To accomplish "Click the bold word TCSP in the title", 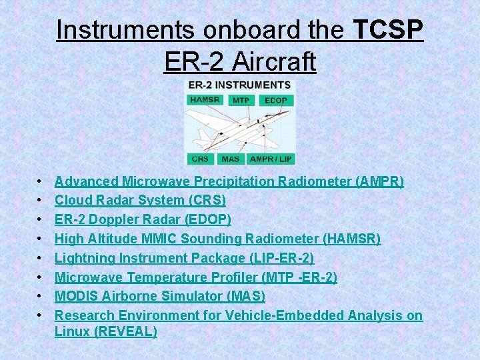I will tap(387, 31).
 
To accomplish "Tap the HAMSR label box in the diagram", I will tap(205, 100).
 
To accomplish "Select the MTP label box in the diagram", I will tap(241, 101).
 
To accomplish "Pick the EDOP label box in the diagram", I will tap(275, 101).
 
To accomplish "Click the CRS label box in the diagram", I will tap(199, 159).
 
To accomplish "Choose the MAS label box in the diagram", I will tap(231, 159).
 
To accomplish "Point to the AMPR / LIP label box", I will tap(271, 159).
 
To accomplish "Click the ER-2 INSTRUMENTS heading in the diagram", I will tap(239, 85).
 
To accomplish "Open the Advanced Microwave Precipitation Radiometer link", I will tap(229, 181).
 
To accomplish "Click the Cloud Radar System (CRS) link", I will tap(140, 200).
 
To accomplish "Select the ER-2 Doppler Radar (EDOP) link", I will tap(143, 219).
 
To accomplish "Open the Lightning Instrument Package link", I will tap(184, 257).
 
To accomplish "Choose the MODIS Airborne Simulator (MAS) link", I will tap(159, 295).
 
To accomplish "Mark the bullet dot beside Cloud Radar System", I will tap(41, 201).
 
